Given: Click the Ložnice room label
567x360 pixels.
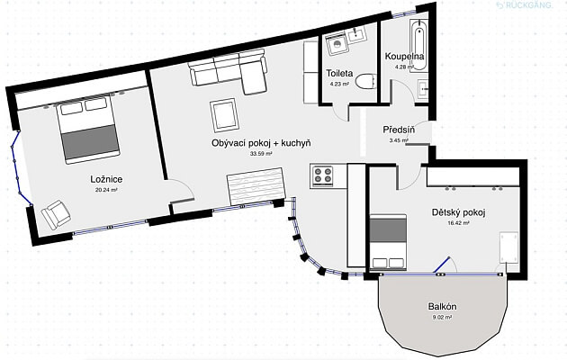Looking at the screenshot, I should (107, 180).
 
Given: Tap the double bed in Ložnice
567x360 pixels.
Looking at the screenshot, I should (87, 129).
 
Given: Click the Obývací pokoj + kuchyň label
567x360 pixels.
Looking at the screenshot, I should (261, 143).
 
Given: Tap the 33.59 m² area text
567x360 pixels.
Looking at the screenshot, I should (261, 154).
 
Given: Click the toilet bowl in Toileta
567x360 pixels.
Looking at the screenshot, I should (364, 82).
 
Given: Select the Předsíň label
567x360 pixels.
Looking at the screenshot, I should (398, 130).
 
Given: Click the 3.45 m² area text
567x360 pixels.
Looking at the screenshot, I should (400, 140).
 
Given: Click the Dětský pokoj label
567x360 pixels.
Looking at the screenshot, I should (459, 212).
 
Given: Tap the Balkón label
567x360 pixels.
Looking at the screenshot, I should (441, 307).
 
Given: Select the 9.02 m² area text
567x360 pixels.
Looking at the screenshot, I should (441, 318).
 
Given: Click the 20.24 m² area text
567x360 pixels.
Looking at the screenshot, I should (107, 191).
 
